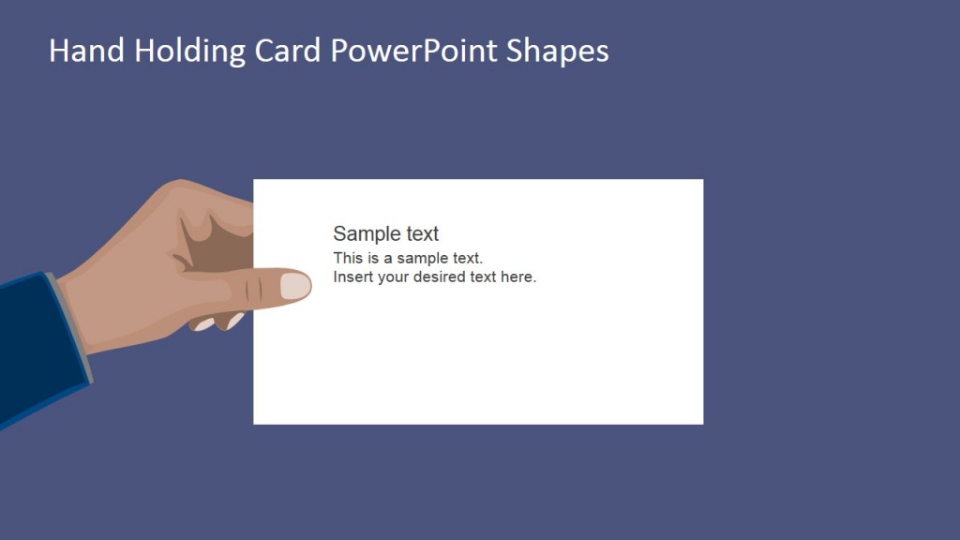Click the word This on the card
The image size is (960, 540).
(x=348, y=258)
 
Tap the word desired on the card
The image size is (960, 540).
(x=442, y=277)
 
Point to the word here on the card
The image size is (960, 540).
(x=518, y=277)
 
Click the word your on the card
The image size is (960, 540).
(x=394, y=277)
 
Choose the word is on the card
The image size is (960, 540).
(x=374, y=258)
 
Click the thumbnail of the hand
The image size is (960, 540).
(x=295, y=286)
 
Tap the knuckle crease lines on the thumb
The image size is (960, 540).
(x=249, y=291)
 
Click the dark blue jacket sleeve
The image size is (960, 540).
(x=33, y=347)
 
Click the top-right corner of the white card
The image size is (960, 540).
(x=702, y=180)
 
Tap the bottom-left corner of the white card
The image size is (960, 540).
(x=254, y=423)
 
